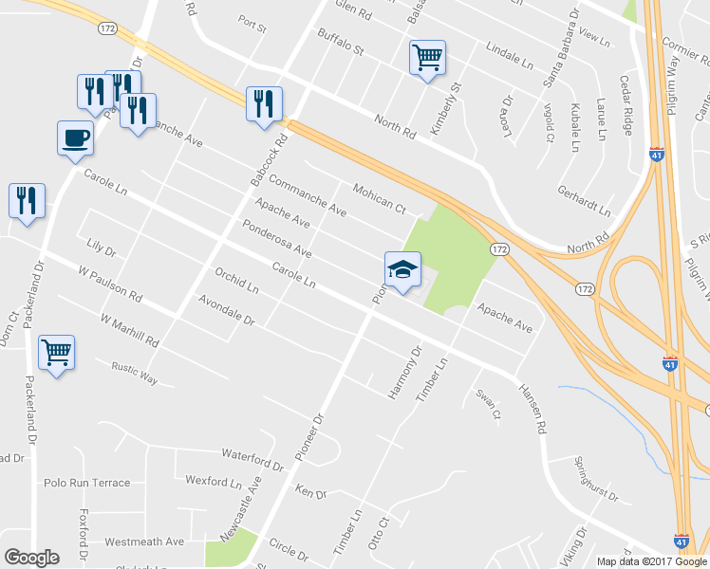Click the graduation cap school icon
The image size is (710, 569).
coord(402,270)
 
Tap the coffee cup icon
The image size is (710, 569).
coord(75,138)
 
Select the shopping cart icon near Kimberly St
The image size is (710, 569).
coord(427,56)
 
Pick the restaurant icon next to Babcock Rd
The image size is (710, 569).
coord(265,103)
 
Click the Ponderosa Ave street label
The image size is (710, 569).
coord(277,240)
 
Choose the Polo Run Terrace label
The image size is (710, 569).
coord(87,483)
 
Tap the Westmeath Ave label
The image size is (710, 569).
coord(144,541)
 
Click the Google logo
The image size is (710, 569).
coord(31,558)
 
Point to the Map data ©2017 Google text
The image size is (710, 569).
coord(650,560)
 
